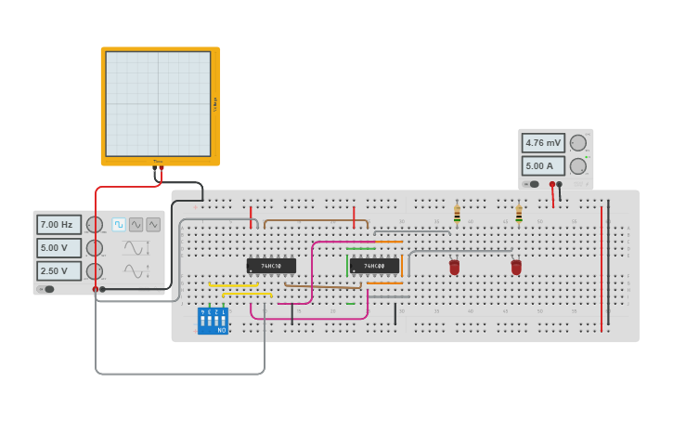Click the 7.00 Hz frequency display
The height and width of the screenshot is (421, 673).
(x=58, y=225)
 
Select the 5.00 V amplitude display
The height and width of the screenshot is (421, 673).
(x=58, y=248)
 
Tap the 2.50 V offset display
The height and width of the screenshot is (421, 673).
(x=58, y=270)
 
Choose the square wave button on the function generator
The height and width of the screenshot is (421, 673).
(x=119, y=224)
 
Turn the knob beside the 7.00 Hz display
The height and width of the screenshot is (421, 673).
(x=94, y=225)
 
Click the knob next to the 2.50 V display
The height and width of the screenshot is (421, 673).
(x=94, y=270)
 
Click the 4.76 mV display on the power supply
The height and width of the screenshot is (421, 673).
(x=543, y=143)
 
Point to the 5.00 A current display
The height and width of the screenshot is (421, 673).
(x=543, y=166)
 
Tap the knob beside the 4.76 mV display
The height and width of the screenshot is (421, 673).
(x=577, y=143)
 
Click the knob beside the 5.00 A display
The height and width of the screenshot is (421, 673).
(x=577, y=166)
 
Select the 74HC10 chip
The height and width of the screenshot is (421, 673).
(x=271, y=266)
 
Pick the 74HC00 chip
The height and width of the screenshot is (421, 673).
(x=374, y=266)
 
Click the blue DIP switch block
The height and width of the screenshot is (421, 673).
(x=213, y=321)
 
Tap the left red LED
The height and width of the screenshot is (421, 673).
(x=454, y=267)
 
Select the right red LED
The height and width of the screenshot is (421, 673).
(x=516, y=267)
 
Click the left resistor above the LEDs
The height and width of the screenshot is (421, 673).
(x=457, y=215)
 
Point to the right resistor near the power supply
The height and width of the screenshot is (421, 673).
(x=519, y=215)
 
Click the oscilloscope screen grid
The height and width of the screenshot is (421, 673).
(x=158, y=103)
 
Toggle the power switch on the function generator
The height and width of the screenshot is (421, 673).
(x=46, y=289)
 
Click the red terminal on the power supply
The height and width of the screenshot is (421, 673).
(x=552, y=184)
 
